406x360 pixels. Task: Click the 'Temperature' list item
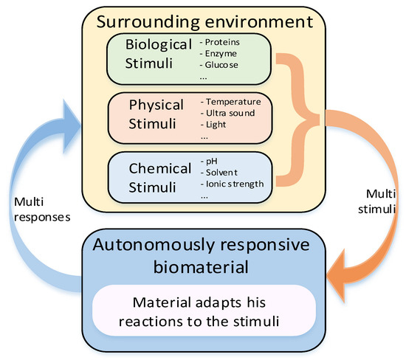click(x=232, y=101)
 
